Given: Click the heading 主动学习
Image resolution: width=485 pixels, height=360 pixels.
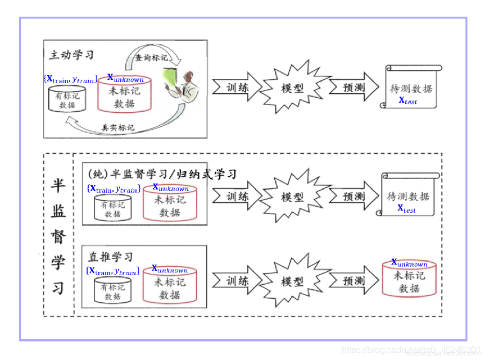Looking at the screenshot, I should click(71, 55).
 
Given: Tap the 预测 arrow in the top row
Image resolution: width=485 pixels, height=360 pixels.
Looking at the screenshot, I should click(352, 88).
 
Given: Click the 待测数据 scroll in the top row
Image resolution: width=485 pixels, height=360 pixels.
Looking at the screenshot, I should click(411, 88).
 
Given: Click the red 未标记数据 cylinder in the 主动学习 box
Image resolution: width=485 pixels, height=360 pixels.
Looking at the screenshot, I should click(125, 93).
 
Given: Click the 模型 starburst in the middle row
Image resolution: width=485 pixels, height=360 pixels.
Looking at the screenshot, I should click(292, 197).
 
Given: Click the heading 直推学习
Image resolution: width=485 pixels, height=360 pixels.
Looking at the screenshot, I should click(111, 257).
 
